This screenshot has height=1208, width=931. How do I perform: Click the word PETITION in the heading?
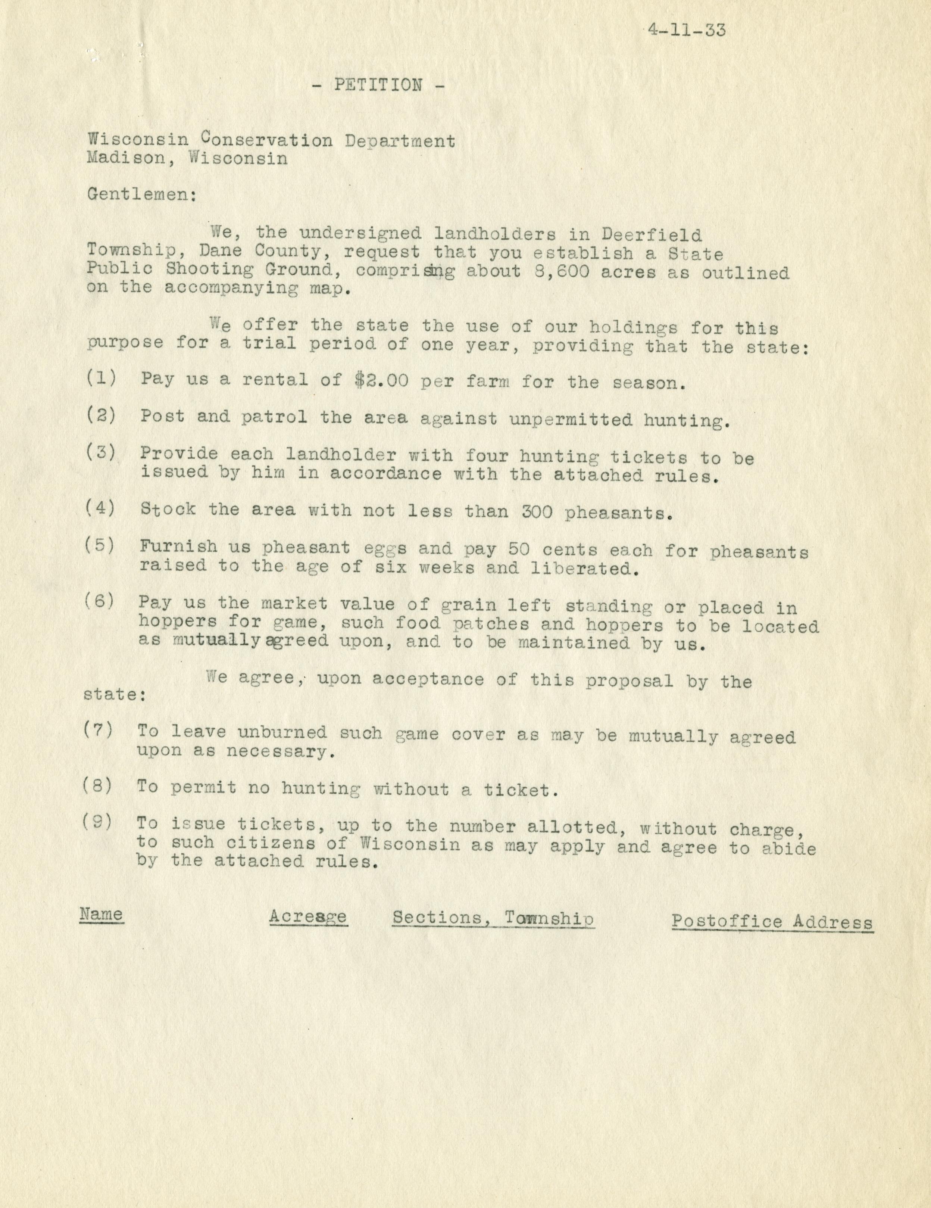coord(378,85)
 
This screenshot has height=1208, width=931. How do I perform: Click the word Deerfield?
coord(652,234)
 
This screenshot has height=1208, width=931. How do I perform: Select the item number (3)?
coord(101,452)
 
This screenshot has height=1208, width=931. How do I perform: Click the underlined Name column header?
coord(101,914)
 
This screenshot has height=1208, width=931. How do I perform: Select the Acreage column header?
coord(308,916)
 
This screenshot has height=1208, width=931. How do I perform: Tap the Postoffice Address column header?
coord(772,921)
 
